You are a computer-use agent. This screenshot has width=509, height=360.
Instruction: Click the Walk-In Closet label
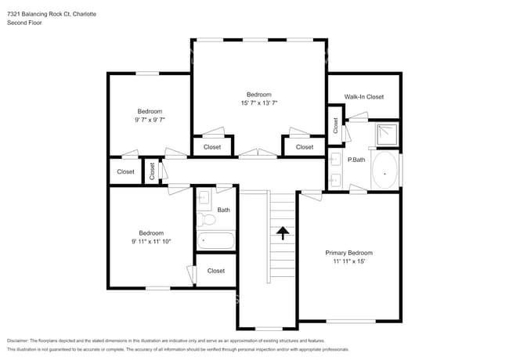pyautogui.click(x=364, y=96)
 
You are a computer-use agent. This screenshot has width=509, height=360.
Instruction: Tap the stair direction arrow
pyautogui.click(x=283, y=233)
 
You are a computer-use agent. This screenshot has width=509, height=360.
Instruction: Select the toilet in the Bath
pyautogui.click(x=206, y=220)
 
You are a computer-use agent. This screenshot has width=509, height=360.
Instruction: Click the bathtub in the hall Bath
pyautogui.click(x=215, y=240)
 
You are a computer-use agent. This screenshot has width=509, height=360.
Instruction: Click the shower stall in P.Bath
pyautogui.click(x=387, y=135)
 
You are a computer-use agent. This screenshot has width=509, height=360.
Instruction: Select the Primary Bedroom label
pyautogui.click(x=349, y=253)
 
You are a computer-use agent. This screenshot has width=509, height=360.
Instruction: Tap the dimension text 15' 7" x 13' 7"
pyautogui.click(x=259, y=103)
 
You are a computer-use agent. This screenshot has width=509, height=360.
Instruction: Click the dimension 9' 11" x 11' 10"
pyautogui.click(x=151, y=242)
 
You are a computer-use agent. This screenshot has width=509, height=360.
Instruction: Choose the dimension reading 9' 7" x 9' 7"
pyautogui.click(x=150, y=120)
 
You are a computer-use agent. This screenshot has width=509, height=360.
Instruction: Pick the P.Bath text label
pyautogui.click(x=356, y=160)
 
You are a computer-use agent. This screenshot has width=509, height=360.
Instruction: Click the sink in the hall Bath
pyautogui.click(x=204, y=197)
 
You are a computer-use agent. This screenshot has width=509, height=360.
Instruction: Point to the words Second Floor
pyautogui.click(x=24, y=23)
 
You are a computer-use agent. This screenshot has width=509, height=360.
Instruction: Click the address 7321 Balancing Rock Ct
pyautogui.click(x=39, y=14)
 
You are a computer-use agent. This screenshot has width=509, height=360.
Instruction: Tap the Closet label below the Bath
pyautogui.click(x=216, y=271)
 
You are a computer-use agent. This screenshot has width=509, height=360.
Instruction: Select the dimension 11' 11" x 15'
pyautogui.click(x=349, y=261)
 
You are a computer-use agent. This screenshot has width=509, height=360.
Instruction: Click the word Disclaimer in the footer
pyautogui.click(x=18, y=341)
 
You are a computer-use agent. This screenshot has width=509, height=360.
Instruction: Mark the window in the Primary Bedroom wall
pyautogui.click(x=351, y=322)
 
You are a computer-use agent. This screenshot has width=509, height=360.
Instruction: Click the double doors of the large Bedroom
pyautogui.click(x=258, y=153)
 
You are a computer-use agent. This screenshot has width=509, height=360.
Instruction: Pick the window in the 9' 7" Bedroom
pyautogui.click(x=147, y=74)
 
